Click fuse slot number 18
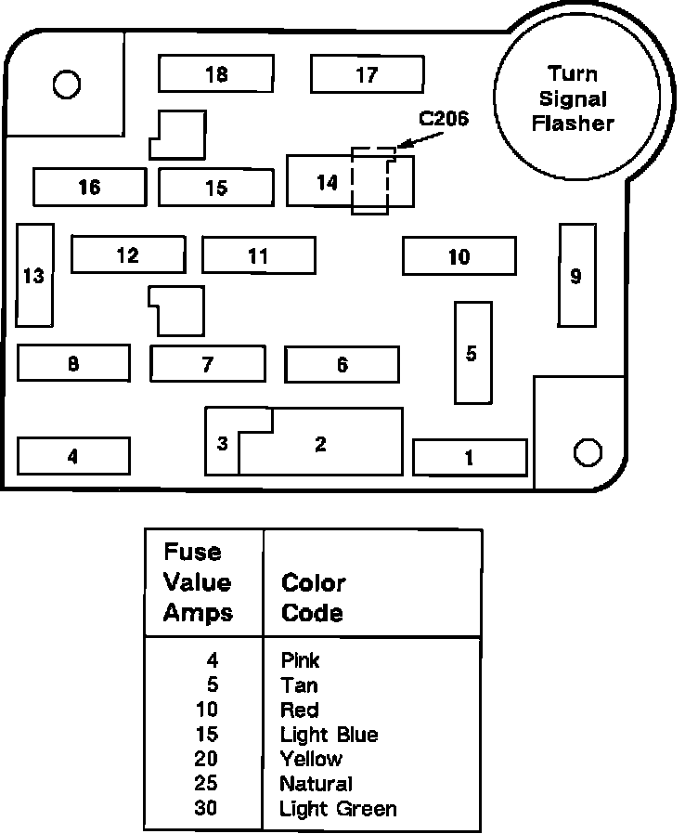point(215,73)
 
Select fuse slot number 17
point(367,74)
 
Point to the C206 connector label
point(444,119)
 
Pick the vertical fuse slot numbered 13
point(34,275)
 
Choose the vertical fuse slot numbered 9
point(576,275)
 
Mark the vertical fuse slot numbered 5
point(472,353)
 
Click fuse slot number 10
point(459,256)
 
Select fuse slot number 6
point(342,364)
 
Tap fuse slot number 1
point(470,457)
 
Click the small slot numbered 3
point(223,443)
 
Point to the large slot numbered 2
point(321,444)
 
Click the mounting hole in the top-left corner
point(66,85)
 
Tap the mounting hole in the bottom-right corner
point(588,451)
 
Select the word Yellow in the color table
point(311,760)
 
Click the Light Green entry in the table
point(338,809)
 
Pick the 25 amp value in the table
point(206,784)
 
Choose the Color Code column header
point(313,597)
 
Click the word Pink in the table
point(300,660)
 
